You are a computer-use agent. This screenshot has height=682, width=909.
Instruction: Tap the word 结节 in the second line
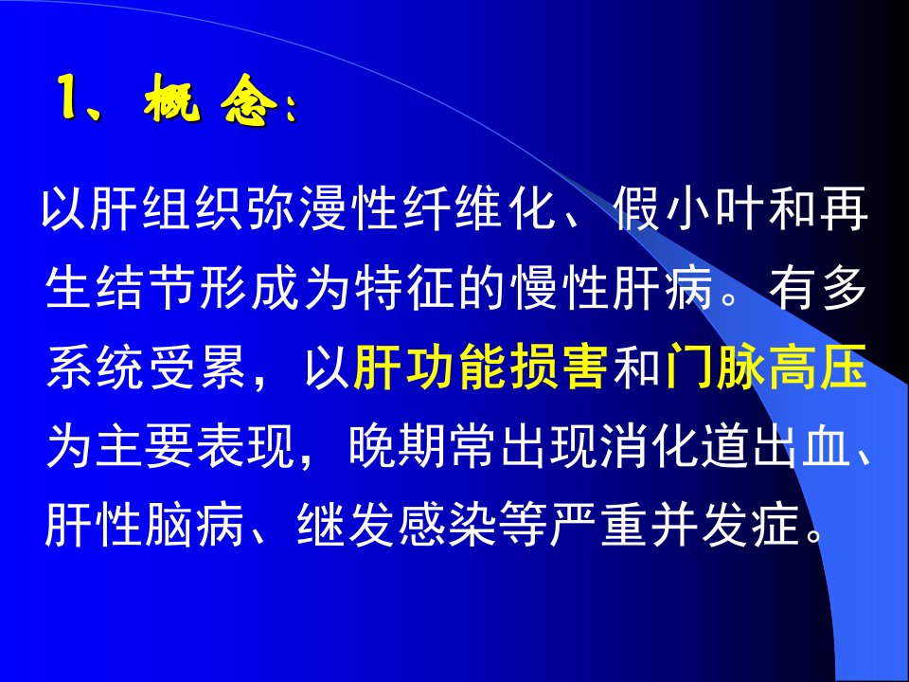(x=147, y=288)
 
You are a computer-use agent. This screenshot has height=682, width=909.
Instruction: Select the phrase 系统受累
(x=147, y=368)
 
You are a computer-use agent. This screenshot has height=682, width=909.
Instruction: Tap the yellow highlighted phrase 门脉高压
(x=766, y=368)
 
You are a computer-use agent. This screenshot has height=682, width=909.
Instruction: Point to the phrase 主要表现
(x=197, y=446)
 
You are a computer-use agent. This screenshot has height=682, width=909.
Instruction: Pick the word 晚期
(x=399, y=446)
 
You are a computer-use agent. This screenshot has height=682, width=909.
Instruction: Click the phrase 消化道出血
(x=726, y=446)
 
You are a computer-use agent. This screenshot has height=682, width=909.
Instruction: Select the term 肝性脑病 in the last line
(x=145, y=526)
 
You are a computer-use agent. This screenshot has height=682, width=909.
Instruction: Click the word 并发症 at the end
(x=726, y=526)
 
